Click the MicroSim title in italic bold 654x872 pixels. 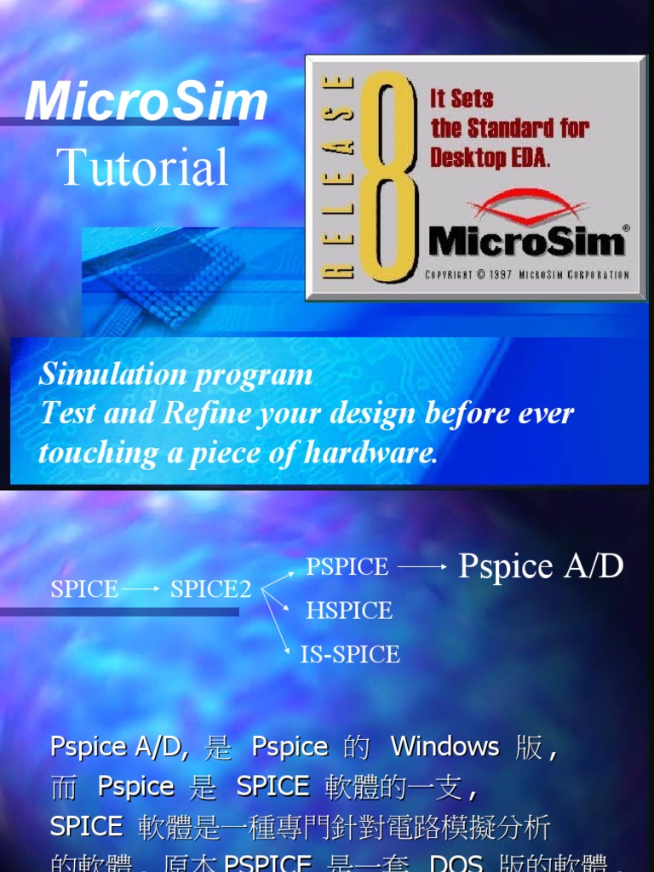point(146,102)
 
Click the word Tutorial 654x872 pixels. point(143,167)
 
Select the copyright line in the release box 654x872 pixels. point(527,275)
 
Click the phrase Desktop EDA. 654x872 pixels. point(490,158)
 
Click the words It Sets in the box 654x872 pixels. point(462,98)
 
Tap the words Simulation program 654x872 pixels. point(176,375)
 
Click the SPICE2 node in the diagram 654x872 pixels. point(210,589)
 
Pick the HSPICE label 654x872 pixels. point(349,611)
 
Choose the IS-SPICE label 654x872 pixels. point(350,654)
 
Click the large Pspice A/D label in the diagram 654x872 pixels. point(541,565)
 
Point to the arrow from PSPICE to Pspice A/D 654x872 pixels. point(422,566)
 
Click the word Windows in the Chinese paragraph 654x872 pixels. point(445,747)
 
